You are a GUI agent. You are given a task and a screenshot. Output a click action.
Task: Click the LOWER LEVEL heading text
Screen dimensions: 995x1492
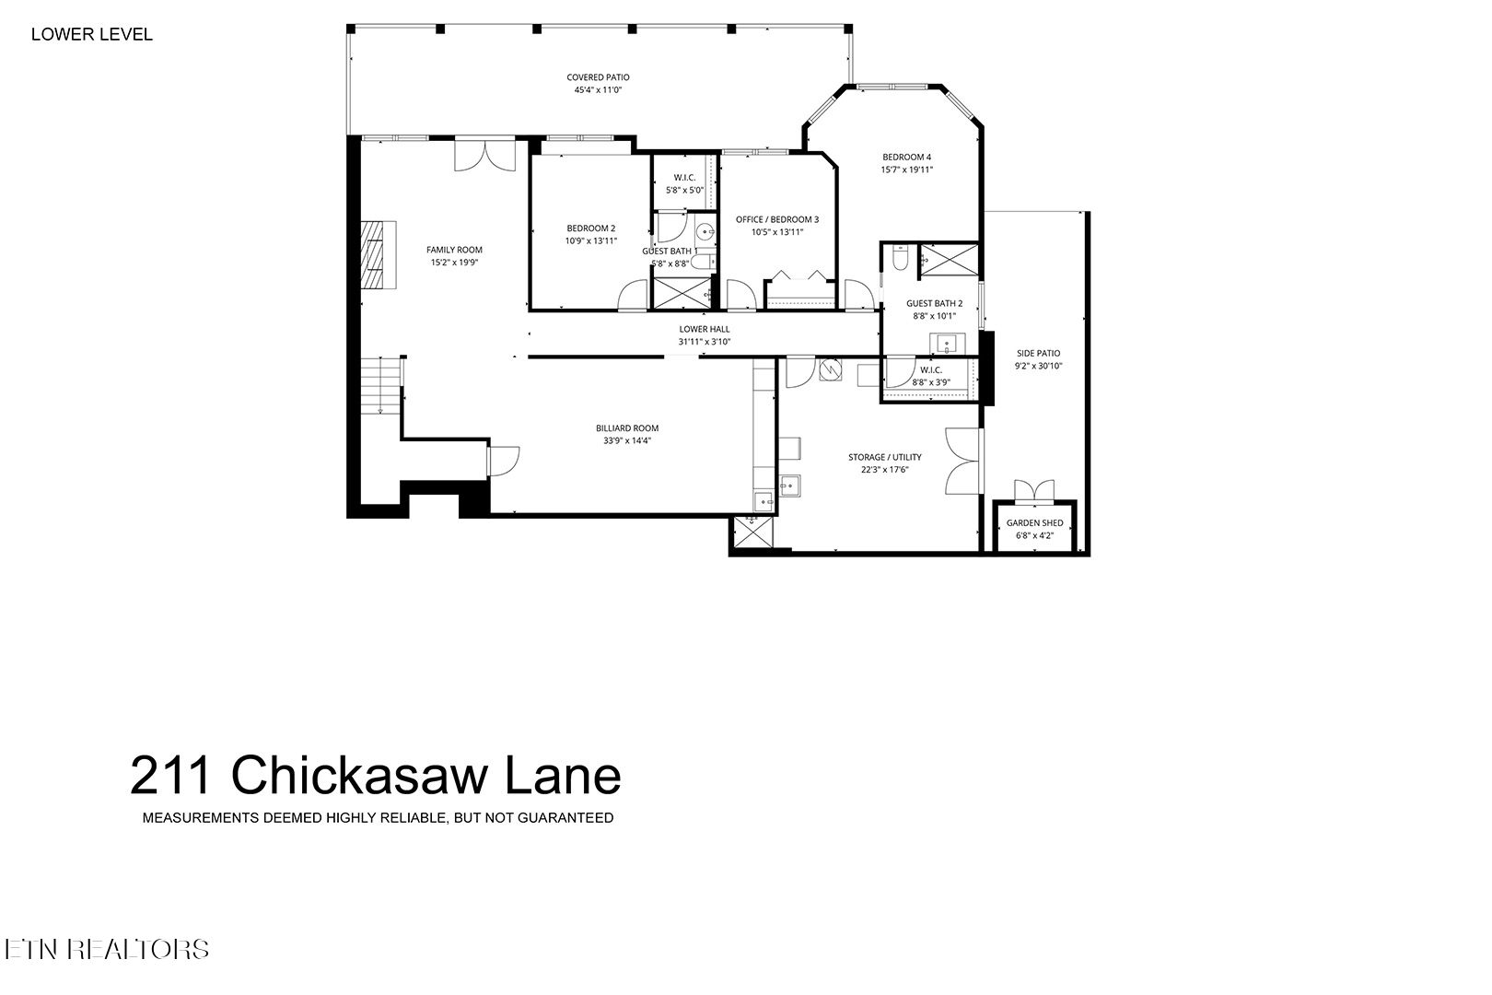91,35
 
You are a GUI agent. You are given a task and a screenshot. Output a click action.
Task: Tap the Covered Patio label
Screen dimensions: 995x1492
598,78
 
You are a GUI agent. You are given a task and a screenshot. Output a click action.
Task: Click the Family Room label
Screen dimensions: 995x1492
454,250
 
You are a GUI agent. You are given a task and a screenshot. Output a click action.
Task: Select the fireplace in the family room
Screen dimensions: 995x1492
378,255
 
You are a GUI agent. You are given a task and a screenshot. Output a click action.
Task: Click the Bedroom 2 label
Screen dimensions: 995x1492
590,228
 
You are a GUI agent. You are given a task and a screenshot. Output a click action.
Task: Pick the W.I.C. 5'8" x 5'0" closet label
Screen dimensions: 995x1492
684,178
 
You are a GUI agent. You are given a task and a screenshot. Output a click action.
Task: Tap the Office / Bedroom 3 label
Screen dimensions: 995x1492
776,219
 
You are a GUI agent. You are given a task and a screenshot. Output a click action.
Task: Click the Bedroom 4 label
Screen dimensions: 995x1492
906,157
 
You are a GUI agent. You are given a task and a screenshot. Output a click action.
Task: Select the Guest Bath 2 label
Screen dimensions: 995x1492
934,303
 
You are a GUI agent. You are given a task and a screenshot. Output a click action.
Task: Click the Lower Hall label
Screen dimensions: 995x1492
705,329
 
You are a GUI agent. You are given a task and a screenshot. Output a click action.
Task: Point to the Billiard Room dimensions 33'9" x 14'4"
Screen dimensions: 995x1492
626,440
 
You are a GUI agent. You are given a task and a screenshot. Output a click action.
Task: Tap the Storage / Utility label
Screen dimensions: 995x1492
884,457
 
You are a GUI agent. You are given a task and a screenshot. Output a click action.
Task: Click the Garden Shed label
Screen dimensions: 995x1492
1034,522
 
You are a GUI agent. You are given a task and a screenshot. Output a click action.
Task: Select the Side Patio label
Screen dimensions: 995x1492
1038,353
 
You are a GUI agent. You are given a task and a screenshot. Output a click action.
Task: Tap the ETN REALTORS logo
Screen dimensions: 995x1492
106,949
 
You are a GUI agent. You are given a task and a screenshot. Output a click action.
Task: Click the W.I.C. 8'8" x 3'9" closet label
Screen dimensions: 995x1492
930,370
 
